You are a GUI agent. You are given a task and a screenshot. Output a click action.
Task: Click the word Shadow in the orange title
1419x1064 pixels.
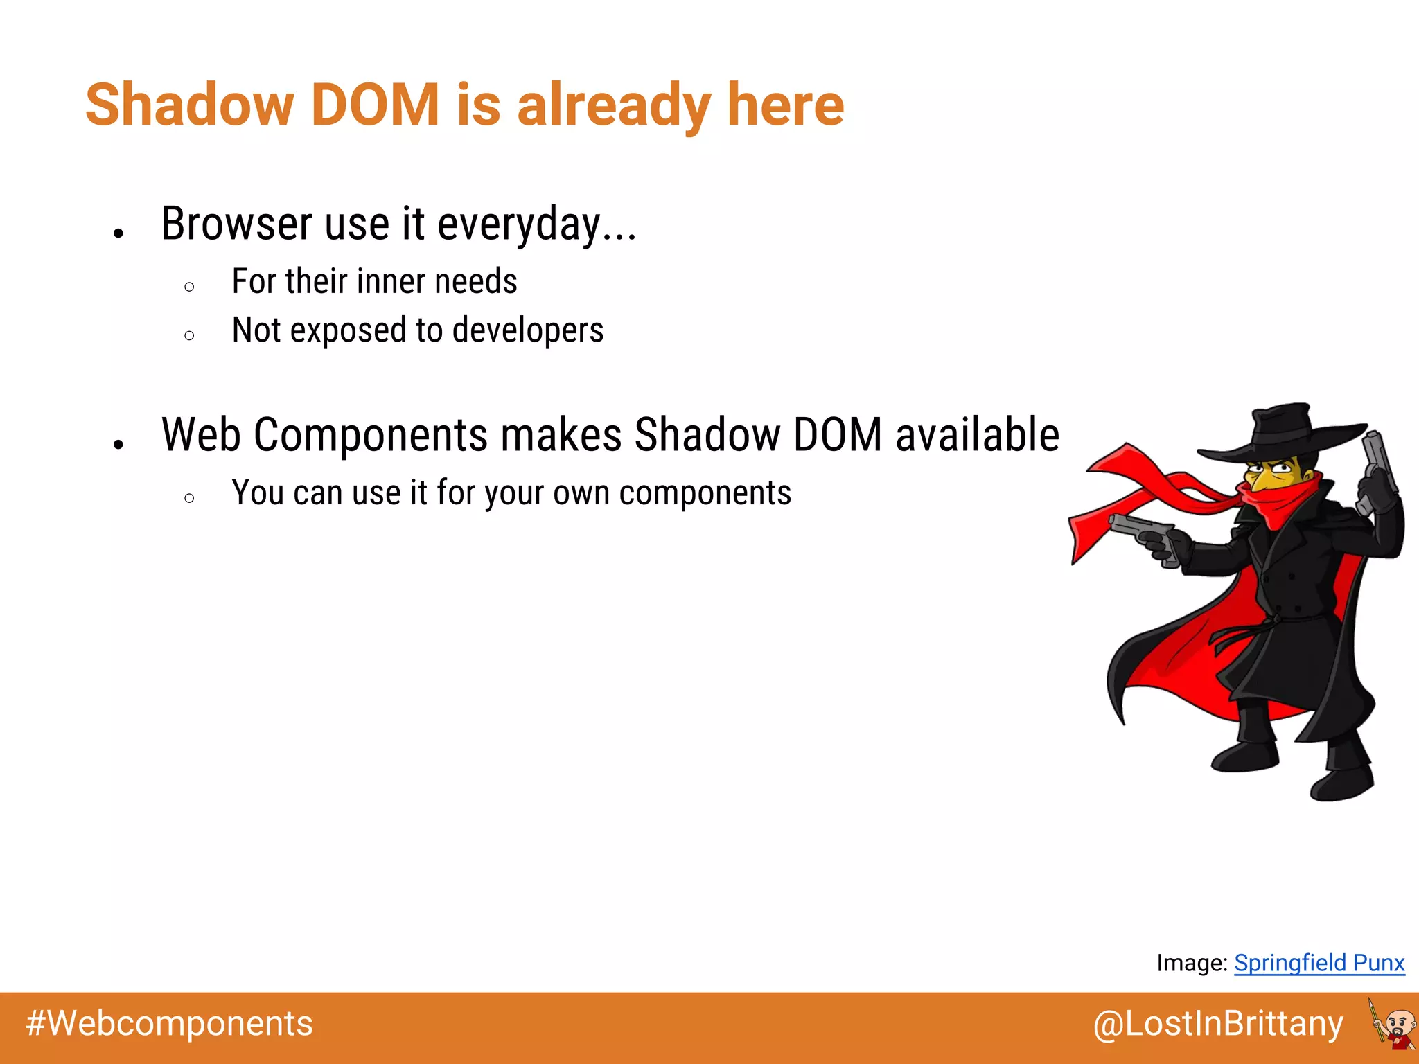pos(189,105)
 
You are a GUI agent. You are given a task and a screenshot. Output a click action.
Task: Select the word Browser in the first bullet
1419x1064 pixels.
pos(237,224)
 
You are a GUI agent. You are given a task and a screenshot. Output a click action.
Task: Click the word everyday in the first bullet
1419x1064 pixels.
pos(518,224)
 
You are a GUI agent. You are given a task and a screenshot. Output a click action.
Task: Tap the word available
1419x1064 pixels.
pos(977,435)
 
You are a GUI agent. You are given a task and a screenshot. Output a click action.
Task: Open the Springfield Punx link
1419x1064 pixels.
pos(1319,963)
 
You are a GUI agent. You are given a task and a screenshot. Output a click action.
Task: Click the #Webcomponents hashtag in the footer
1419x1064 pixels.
pos(170,1024)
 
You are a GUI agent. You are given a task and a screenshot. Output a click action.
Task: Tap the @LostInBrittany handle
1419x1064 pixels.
pos(1218,1024)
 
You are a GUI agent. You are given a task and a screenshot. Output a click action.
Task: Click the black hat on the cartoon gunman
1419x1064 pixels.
pos(1282,433)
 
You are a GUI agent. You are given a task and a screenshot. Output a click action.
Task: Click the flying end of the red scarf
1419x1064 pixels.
pos(1095,526)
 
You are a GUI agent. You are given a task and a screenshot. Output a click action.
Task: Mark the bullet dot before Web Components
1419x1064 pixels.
pos(118,444)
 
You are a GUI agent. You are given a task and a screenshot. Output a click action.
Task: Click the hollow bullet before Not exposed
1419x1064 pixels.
pos(190,336)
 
